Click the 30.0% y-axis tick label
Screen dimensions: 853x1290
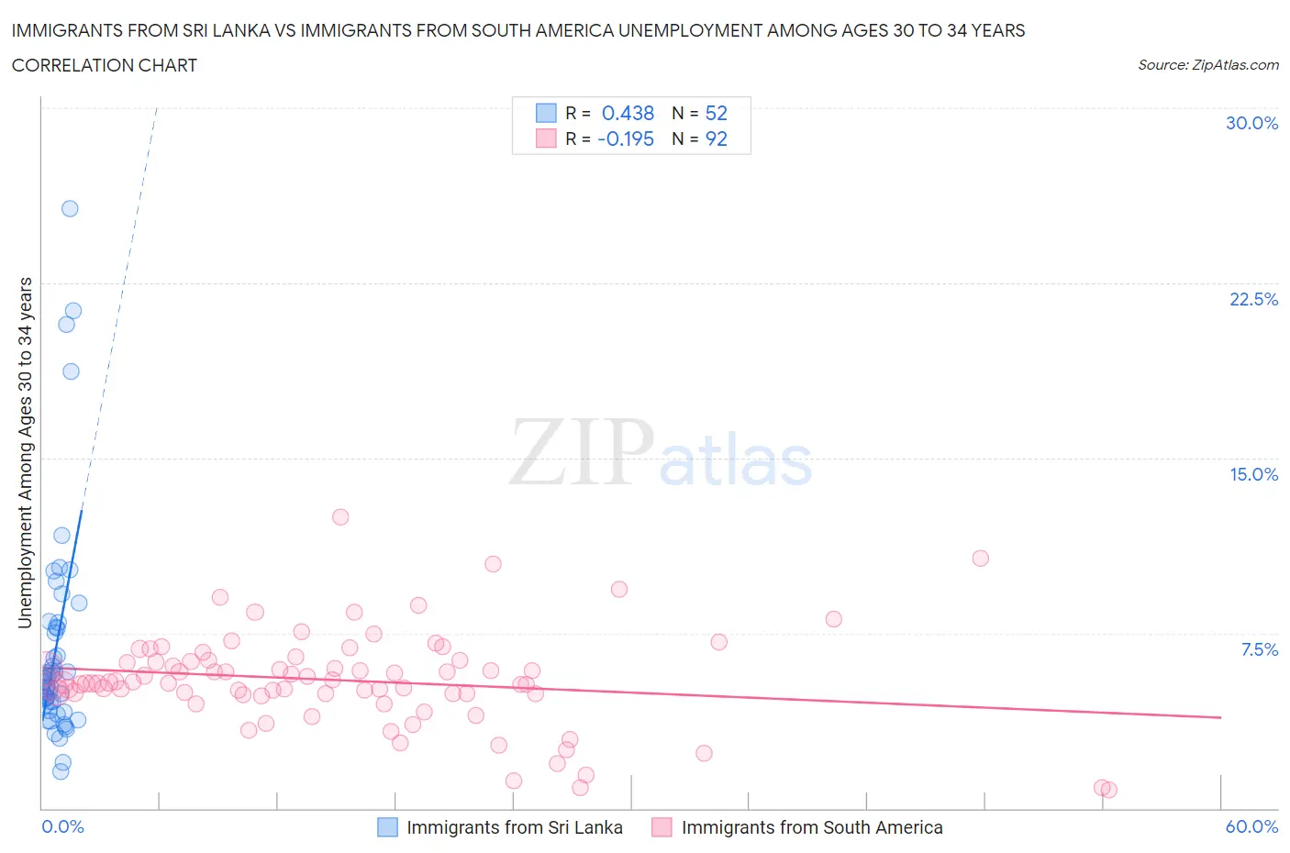[1251, 123]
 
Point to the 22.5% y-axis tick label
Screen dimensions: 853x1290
[1253, 299]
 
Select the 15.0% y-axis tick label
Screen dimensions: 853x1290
[1253, 474]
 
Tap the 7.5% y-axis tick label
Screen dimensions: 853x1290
[1259, 649]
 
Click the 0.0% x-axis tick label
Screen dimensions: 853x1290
[63, 826]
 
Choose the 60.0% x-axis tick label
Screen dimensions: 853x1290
[1251, 826]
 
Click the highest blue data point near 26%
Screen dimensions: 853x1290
[70, 208]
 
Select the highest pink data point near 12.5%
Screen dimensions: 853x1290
[340, 516]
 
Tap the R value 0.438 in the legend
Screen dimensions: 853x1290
[628, 113]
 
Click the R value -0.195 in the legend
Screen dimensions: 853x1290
[625, 138]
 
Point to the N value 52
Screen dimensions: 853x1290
[716, 113]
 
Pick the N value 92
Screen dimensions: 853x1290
[716, 138]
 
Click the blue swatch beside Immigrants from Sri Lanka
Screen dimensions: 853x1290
[388, 827]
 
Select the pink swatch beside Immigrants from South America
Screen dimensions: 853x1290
[662, 827]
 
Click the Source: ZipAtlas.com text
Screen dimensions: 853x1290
[1207, 64]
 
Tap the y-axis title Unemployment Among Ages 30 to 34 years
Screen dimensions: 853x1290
[25, 452]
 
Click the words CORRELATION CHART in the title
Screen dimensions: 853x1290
[105, 65]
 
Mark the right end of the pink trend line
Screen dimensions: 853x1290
[1220, 717]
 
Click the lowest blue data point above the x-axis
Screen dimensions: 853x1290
[61, 771]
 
